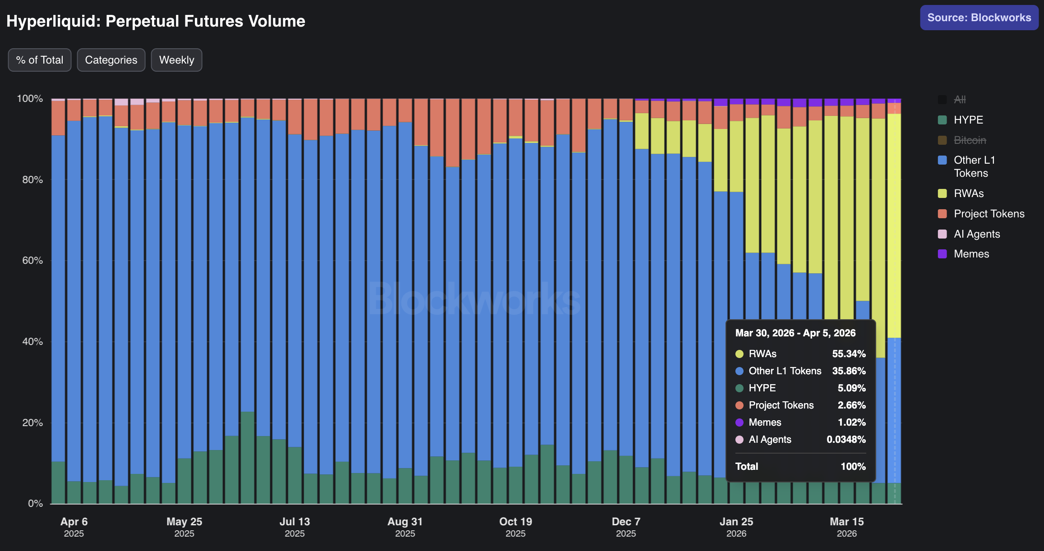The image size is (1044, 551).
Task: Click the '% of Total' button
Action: (x=40, y=60)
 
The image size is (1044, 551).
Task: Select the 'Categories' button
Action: (x=111, y=60)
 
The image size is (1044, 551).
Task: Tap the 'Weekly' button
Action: (x=176, y=60)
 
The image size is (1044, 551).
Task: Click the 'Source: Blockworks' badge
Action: (x=979, y=18)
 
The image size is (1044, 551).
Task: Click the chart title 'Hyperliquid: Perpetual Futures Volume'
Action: (x=156, y=21)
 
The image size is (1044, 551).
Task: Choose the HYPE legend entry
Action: (x=968, y=120)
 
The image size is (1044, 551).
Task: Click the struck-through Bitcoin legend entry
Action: (x=970, y=140)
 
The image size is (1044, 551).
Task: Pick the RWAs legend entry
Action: (x=968, y=193)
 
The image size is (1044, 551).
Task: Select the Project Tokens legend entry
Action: (x=989, y=214)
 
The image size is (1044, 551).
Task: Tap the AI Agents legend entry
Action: (x=976, y=234)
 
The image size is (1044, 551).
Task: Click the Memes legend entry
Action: (x=971, y=254)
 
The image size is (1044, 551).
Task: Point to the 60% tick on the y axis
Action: (x=32, y=261)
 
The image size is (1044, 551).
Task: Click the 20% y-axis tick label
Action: (x=32, y=423)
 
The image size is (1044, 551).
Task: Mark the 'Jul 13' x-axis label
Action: (x=295, y=522)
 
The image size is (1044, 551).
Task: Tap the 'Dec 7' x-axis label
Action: (x=626, y=522)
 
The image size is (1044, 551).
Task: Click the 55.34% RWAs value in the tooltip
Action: (x=849, y=354)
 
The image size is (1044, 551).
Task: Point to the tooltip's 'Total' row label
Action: (x=747, y=467)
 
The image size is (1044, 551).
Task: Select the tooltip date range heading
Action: (x=795, y=333)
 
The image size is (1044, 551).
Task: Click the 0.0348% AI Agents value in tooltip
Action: (x=846, y=440)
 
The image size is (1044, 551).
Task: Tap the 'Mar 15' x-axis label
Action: (x=846, y=522)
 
